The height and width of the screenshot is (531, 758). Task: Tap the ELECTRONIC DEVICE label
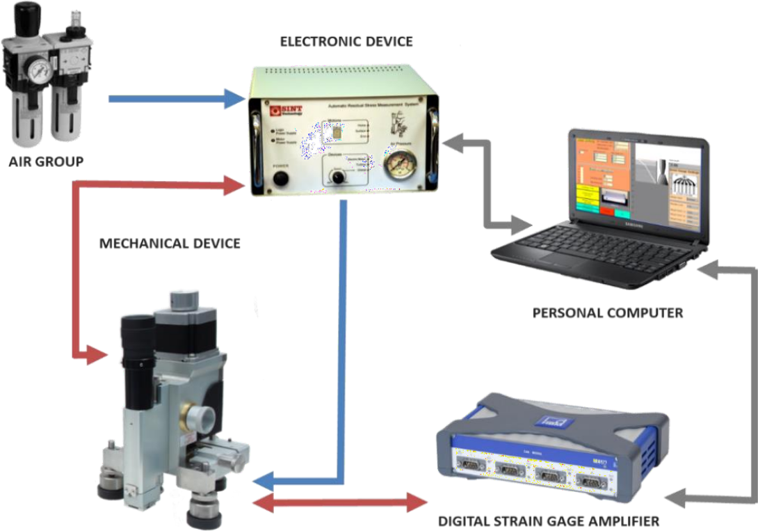point(346,42)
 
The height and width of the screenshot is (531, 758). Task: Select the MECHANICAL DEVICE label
point(170,244)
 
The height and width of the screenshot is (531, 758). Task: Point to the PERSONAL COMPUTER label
point(607,312)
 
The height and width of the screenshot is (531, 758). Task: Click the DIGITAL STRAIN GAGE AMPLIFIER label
point(548,521)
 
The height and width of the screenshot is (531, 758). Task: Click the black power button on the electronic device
point(280,180)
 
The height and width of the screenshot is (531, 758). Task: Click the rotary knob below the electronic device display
point(339,177)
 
